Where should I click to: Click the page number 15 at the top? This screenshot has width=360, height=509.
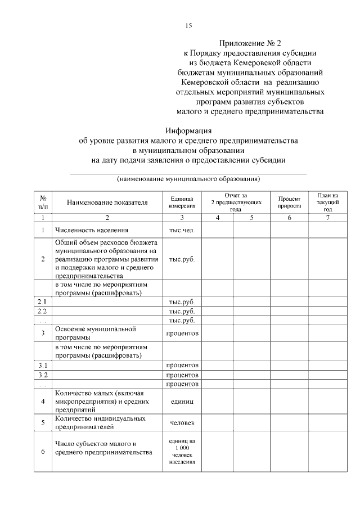(x=189, y=25)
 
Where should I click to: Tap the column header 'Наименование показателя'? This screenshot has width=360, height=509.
(x=107, y=202)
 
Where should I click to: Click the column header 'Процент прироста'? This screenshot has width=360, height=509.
(x=289, y=202)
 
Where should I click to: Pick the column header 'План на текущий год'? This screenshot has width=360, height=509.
(x=327, y=202)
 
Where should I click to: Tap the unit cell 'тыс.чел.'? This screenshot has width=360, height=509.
(x=182, y=230)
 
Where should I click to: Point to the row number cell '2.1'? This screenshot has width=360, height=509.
(x=42, y=301)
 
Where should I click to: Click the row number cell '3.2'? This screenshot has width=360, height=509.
(x=42, y=375)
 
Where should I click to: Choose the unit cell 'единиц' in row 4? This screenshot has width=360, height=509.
(x=182, y=402)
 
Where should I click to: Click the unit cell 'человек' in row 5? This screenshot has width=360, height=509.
(x=182, y=422)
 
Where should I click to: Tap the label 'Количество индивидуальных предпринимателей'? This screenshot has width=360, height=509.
(x=101, y=422)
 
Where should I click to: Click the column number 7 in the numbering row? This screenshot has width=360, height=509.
(x=327, y=217)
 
